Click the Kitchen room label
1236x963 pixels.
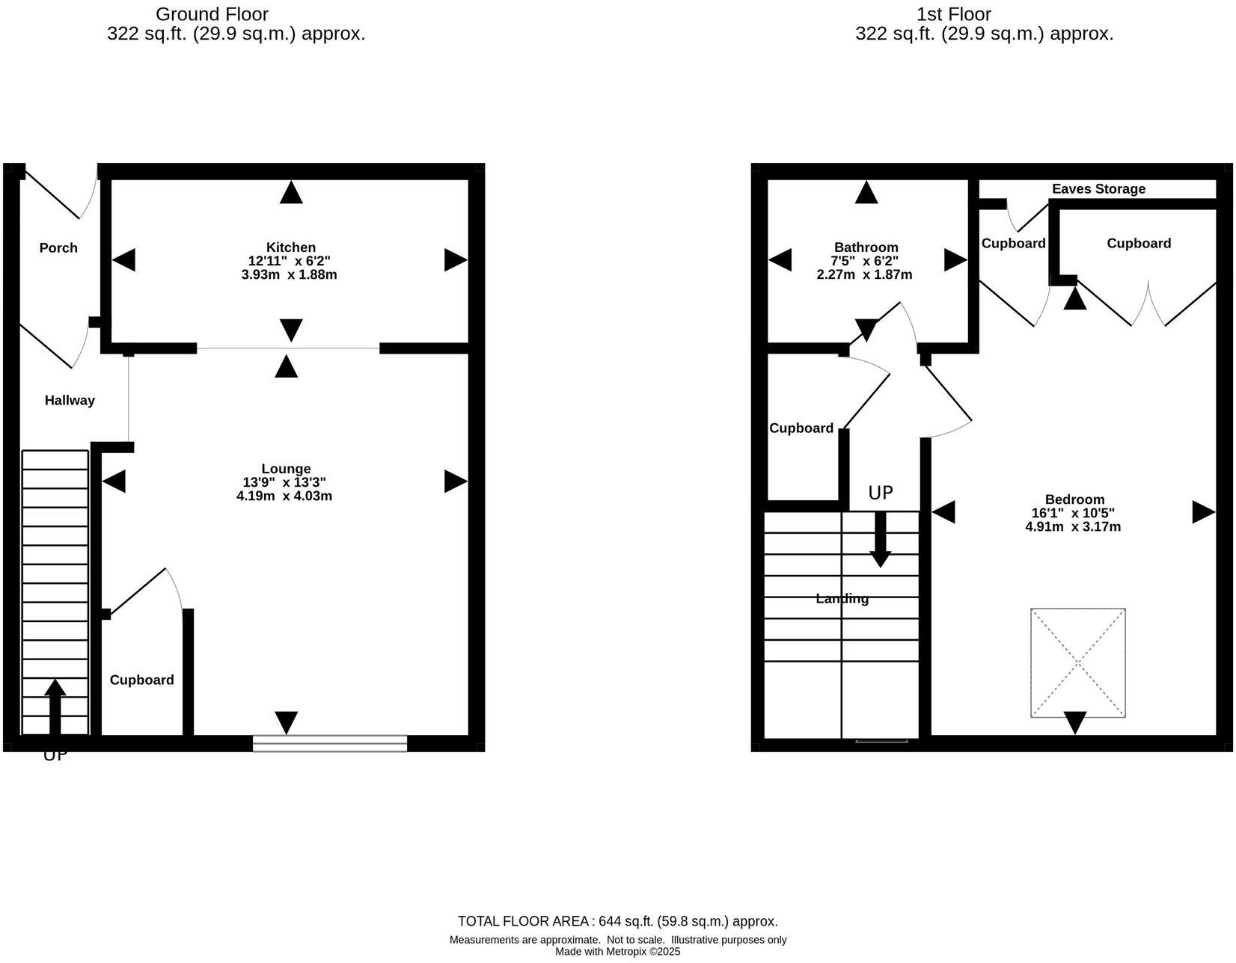pyautogui.click(x=291, y=247)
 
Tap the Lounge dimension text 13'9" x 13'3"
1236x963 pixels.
pyautogui.click(x=284, y=483)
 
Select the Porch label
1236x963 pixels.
pyautogui.click(x=58, y=248)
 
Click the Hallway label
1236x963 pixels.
pyautogui.click(x=70, y=401)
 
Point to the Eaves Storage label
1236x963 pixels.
pyautogui.click(x=1098, y=189)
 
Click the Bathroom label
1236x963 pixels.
pyautogui.click(x=866, y=247)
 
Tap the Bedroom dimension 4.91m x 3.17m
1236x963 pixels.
pyautogui.click(x=1073, y=526)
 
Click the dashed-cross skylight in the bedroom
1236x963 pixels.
pyautogui.click(x=1077, y=663)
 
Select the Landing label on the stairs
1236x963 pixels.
pyautogui.click(x=842, y=599)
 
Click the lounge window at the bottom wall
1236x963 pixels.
pyautogui.click(x=330, y=743)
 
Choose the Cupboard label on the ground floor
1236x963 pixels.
pyautogui.click(x=141, y=680)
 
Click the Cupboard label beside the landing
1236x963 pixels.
pyautogui.click(x=801, y=428)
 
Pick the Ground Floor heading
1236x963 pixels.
pyautogui.click(x=212, y=14)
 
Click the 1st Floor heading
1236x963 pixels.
pyautogui.click(x=953, y=14)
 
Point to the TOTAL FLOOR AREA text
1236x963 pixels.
pyautogui.click(x=617, y=922)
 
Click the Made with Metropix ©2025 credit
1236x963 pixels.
pyautogui.click(x=617, y=952)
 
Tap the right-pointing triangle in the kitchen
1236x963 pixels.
pyautogui.click(x=455, y=260)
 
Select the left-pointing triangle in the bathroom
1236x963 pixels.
pyautogui.click(x=780, y=260)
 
